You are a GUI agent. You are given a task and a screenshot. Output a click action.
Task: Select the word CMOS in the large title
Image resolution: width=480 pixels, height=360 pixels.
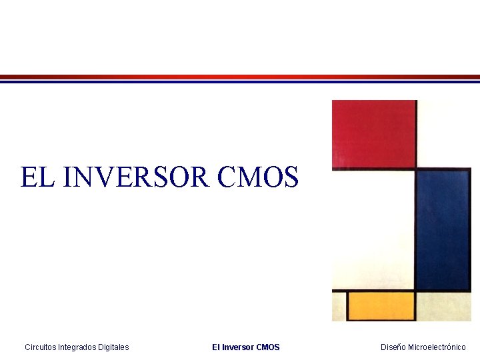tap(258, 177)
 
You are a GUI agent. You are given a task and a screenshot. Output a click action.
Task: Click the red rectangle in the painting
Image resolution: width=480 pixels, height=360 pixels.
tap(373, 133)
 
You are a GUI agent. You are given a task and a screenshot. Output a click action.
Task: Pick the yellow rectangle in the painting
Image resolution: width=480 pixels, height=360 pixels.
tap(381, 306)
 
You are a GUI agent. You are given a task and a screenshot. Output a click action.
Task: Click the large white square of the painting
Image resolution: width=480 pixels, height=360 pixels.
tap(373, 229)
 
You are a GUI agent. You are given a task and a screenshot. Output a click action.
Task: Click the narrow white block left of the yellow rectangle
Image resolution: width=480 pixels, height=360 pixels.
tap(339, 306)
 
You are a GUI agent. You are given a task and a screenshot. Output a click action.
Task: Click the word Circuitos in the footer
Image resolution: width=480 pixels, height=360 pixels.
tap(40, 347)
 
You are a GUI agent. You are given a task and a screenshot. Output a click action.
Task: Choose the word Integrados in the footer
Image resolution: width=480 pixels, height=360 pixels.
tap(77, 347)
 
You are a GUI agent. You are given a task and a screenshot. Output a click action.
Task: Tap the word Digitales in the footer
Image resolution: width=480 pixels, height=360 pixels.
tap(113, 347)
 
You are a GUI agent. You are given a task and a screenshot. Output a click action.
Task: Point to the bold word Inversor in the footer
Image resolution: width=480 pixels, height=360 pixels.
tap(237, 347)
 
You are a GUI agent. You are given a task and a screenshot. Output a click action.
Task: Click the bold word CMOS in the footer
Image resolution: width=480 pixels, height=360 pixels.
tap(268, 347)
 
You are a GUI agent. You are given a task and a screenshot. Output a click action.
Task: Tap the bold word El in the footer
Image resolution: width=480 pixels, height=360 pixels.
tap(216, 347)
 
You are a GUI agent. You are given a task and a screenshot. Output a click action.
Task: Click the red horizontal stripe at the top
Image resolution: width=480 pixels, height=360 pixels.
tap(240, 77)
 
